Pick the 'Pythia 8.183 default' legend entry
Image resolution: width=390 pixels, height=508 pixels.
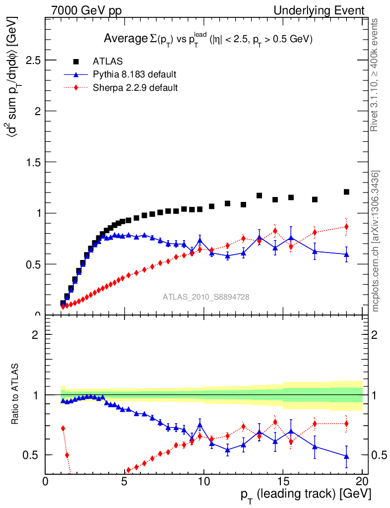[134, 74]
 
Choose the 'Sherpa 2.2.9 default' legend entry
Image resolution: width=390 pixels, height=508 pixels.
[135, 88]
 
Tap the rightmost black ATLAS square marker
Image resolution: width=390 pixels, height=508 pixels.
[346, 192]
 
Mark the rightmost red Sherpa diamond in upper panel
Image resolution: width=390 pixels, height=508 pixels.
[346, 227]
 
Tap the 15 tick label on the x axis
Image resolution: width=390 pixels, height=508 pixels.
[283, 481]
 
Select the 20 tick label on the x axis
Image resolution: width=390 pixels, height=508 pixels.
[362, 481]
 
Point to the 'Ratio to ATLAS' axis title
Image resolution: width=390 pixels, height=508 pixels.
[15, 394]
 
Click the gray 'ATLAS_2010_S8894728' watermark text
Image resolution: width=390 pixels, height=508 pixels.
[206, 297]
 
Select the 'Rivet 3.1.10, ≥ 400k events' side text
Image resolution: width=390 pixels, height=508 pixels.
[376, 74]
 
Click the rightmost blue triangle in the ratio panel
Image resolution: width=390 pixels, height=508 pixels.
[346, 456]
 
